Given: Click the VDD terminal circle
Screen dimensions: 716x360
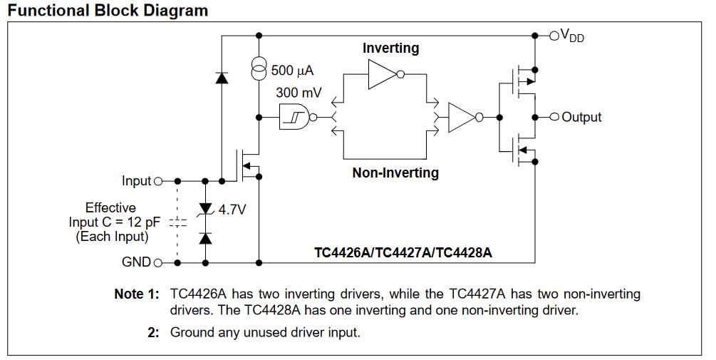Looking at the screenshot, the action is (x=554, y=35).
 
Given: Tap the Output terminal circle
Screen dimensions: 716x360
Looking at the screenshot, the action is (x=554, y=118).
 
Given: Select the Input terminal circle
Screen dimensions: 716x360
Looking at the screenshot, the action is (x=158, y=181).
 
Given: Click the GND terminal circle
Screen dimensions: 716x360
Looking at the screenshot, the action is (x=158, y=262).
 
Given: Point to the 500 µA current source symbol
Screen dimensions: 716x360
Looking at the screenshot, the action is (x=259, y=70).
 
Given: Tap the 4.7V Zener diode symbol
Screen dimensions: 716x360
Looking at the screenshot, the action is (x=206, y=210).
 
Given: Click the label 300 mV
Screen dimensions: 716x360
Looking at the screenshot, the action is (x=299, y=93).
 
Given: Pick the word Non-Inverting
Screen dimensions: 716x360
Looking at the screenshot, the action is (x=395, y=173).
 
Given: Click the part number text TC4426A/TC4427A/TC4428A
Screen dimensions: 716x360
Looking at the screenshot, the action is (x=403, y=252).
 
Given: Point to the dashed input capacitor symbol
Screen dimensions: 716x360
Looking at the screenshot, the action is (x=177, y=223).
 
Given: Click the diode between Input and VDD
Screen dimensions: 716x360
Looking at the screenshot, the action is (x=222, y=78).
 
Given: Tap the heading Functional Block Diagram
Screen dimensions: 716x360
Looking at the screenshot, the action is (x=108, y=10).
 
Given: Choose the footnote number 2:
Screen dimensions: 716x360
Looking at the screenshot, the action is (x=153, y=332).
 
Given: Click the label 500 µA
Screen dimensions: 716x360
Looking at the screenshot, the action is (x=292, y=71).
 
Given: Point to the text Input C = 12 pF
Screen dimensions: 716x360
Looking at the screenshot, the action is (x=115, y=222).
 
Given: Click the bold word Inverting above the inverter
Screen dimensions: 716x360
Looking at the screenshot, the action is (x=391, y=48).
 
